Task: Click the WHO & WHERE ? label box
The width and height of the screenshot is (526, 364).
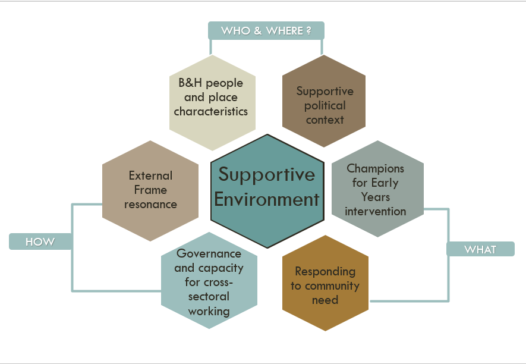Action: coord(266,30)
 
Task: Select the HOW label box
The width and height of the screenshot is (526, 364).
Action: coord(40,241)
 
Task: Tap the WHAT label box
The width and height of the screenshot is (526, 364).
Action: coord(480,249)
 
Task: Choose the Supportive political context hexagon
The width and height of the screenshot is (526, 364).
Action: coord(325,101)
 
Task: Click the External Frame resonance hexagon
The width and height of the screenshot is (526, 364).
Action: coord(150,190)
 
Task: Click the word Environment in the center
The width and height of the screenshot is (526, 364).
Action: coord(267,199)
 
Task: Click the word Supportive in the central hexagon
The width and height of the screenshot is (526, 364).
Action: coord(267,174)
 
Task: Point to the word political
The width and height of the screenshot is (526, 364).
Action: coord(325,105)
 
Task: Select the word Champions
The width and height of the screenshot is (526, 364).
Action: coord(376,169)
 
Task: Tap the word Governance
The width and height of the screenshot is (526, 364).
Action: coord(209,254)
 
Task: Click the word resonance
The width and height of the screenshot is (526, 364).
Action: coord(151,204)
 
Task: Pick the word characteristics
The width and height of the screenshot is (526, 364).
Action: coord(211,111)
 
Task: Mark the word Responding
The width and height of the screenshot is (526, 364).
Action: coord(325,271)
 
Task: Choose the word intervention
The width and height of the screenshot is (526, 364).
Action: coord(376,211)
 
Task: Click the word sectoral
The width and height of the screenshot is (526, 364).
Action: coord(209,296)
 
